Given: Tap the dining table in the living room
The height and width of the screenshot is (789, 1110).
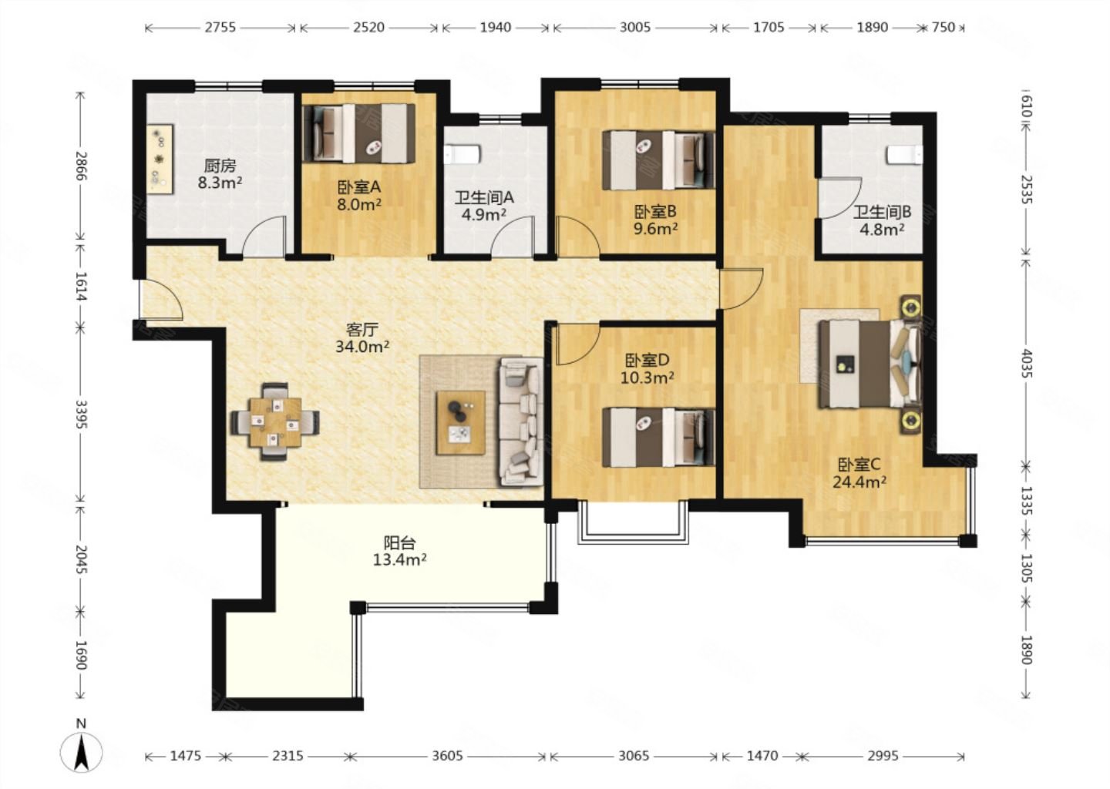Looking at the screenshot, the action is [x=275, y=422].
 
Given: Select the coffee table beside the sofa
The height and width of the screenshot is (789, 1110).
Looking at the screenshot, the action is [x=460, y=422].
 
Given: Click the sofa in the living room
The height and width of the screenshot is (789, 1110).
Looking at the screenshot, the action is [x=521, y=422].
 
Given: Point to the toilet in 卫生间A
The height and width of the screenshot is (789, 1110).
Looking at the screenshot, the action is [x=462, y=154].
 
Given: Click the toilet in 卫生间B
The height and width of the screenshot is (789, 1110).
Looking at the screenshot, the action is [x=905, y=154].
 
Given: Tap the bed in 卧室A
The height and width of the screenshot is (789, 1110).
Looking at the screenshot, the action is [x=358, y=133].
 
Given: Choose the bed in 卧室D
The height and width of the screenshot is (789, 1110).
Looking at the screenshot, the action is [x=658, y=438].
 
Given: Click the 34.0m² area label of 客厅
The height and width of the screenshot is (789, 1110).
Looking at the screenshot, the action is [x=362, y=346].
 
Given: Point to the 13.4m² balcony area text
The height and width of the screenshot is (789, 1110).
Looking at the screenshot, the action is [x=400, y=559].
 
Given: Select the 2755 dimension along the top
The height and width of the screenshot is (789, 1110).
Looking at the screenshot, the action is [x=220, y=27].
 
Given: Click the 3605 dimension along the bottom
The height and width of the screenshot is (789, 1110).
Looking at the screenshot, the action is [x=447, y=756].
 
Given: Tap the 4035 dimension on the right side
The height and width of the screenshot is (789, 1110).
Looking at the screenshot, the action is [x=1026, y=364].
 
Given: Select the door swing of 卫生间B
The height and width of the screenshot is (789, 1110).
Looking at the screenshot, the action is [x=840, y=198].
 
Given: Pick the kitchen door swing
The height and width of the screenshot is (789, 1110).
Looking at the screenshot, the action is [x=264, y=237].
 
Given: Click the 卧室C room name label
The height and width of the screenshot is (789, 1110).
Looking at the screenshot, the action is [x=859, y=465].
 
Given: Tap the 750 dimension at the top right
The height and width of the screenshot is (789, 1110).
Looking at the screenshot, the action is [x=943, y=27].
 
